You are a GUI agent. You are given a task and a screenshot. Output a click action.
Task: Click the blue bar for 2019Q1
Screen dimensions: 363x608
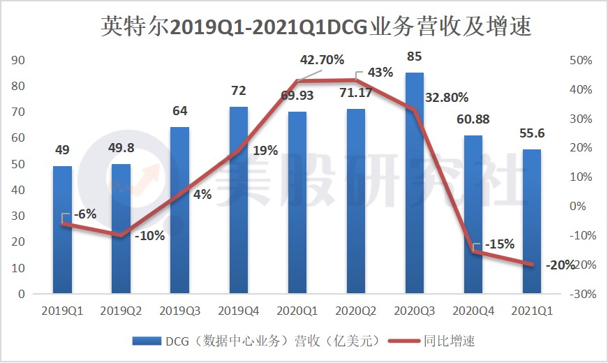[x=63, y=230]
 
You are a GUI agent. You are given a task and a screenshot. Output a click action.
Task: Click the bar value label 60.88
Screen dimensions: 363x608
[x=473, y=119]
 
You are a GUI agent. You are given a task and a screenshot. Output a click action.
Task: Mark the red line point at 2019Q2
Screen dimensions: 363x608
[x=121, y=236]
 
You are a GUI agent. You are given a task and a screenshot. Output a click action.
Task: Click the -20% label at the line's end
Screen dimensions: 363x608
[x=561, y=265]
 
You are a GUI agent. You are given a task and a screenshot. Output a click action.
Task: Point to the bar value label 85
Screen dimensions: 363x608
[x=414, y=55]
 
